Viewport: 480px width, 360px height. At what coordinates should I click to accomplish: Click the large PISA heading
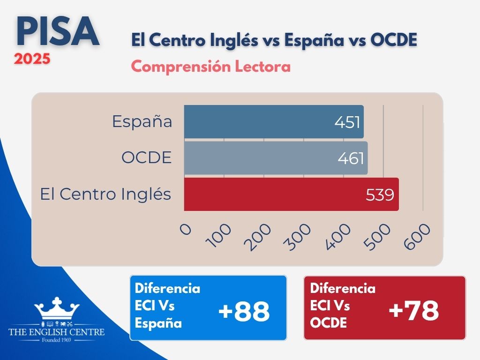click(58, 31)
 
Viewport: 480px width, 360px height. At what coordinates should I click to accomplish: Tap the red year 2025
click(32, 59)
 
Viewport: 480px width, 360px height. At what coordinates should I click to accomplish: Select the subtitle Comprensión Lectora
click(211, 67)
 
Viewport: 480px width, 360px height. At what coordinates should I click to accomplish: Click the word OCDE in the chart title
click(394, 40)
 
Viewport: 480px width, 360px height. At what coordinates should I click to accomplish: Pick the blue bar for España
click(274, 121)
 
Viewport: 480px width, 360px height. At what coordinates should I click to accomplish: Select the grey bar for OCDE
click(276, 158)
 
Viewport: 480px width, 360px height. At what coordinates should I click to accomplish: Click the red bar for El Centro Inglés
click(291, 194)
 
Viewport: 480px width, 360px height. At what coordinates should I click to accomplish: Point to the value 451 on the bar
click(347, 122)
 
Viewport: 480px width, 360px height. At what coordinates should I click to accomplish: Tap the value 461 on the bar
click(351, 158)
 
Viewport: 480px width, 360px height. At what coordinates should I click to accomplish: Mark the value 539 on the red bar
click(380, 195)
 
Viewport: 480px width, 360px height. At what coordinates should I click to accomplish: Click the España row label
click(142, 121)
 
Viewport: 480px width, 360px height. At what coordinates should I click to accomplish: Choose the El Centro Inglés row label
click(105, 194)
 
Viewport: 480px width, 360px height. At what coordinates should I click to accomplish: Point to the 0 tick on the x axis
click(186, 229)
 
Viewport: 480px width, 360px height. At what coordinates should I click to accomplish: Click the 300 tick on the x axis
click(297, 237)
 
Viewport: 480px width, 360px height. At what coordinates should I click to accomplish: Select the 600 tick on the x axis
click(417, 237)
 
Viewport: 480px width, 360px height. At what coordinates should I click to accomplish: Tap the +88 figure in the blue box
click(244, 312)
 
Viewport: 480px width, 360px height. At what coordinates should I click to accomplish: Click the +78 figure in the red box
click(413, 310)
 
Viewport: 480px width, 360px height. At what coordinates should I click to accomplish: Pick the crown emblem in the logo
click(57, 308)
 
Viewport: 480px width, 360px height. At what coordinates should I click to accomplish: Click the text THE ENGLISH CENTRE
click(57, 332)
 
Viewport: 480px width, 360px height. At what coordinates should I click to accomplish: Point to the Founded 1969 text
click(56, 340)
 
